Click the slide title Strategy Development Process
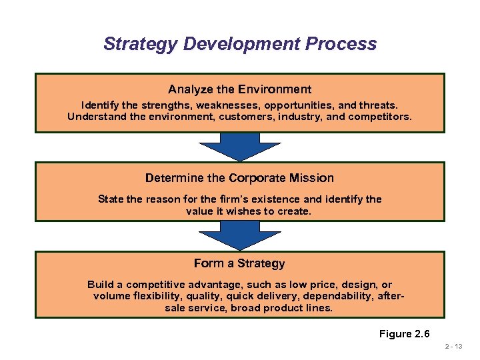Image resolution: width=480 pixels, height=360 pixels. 240,44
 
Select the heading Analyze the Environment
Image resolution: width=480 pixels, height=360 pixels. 240,89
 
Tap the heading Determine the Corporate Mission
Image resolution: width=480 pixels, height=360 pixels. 240,178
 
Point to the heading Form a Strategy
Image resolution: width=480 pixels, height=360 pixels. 240,263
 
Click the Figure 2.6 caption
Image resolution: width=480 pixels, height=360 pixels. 405,333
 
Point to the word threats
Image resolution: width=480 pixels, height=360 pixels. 378,105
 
